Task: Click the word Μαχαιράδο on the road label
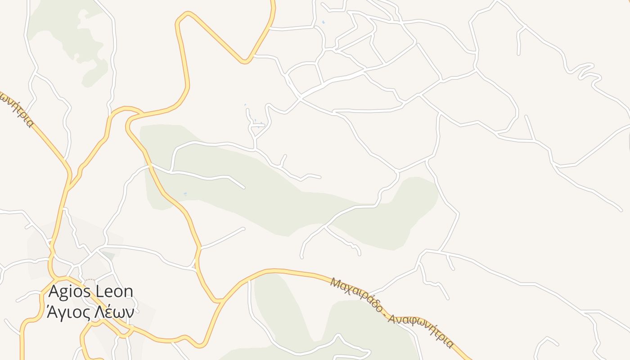tap(356, 297)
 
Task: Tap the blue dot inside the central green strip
tap(185, 194)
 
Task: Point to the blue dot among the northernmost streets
tap(323, 22)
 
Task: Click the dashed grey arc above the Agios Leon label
tap(90, 280)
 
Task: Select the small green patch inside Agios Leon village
tap(108, 255)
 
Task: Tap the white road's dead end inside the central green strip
tap(243, 187)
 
